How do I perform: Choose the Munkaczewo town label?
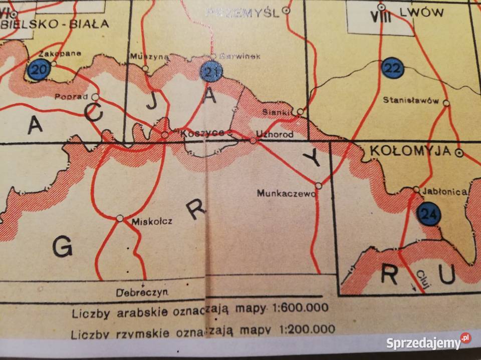[285, 192]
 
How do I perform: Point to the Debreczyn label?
[142, 292]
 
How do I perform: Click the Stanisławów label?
[410, 100]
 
